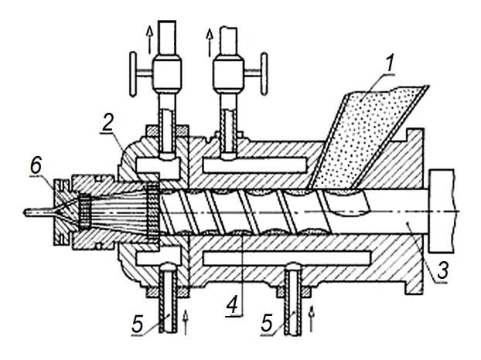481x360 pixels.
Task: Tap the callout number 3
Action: [x=442, y=270]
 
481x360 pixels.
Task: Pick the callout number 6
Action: [x=36, y=166]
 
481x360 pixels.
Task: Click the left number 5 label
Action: [x=138, y=324]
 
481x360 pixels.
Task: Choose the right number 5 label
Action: [x=267, y=322]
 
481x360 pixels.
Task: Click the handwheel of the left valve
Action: [x=133, y=74]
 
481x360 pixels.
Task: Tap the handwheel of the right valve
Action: [x=264, y=73]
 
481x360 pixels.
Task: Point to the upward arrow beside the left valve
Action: [x=150, y=39]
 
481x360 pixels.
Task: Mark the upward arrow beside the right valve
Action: [x=210, y=42]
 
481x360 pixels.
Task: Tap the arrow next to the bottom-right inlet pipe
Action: [x=312, y=318]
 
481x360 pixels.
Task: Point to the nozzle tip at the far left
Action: [x=25, y=212]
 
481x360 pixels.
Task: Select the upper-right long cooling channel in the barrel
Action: [x=254, y=165]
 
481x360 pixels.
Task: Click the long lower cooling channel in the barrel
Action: [x=287, y=258]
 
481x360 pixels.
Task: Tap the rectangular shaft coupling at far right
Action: [x=442, y=211]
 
